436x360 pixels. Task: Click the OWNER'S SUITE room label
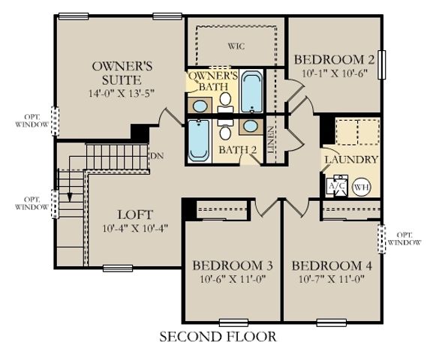click(x=122, y=72)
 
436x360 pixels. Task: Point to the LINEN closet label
click(x=271, y=139)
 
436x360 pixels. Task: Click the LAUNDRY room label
click(x=350, y=160)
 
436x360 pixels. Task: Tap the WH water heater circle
click(x=361, y=187)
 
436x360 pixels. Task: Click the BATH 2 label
click(x=238, y=150)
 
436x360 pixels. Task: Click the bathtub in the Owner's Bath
click(x=251, y=91)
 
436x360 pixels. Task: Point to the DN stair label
click(x=157, y=156)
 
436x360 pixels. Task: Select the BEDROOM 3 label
click(x=232, y=266)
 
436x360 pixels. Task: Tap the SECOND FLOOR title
click(x=218, y=337)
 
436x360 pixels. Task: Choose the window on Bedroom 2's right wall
click(x=382, y=64)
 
